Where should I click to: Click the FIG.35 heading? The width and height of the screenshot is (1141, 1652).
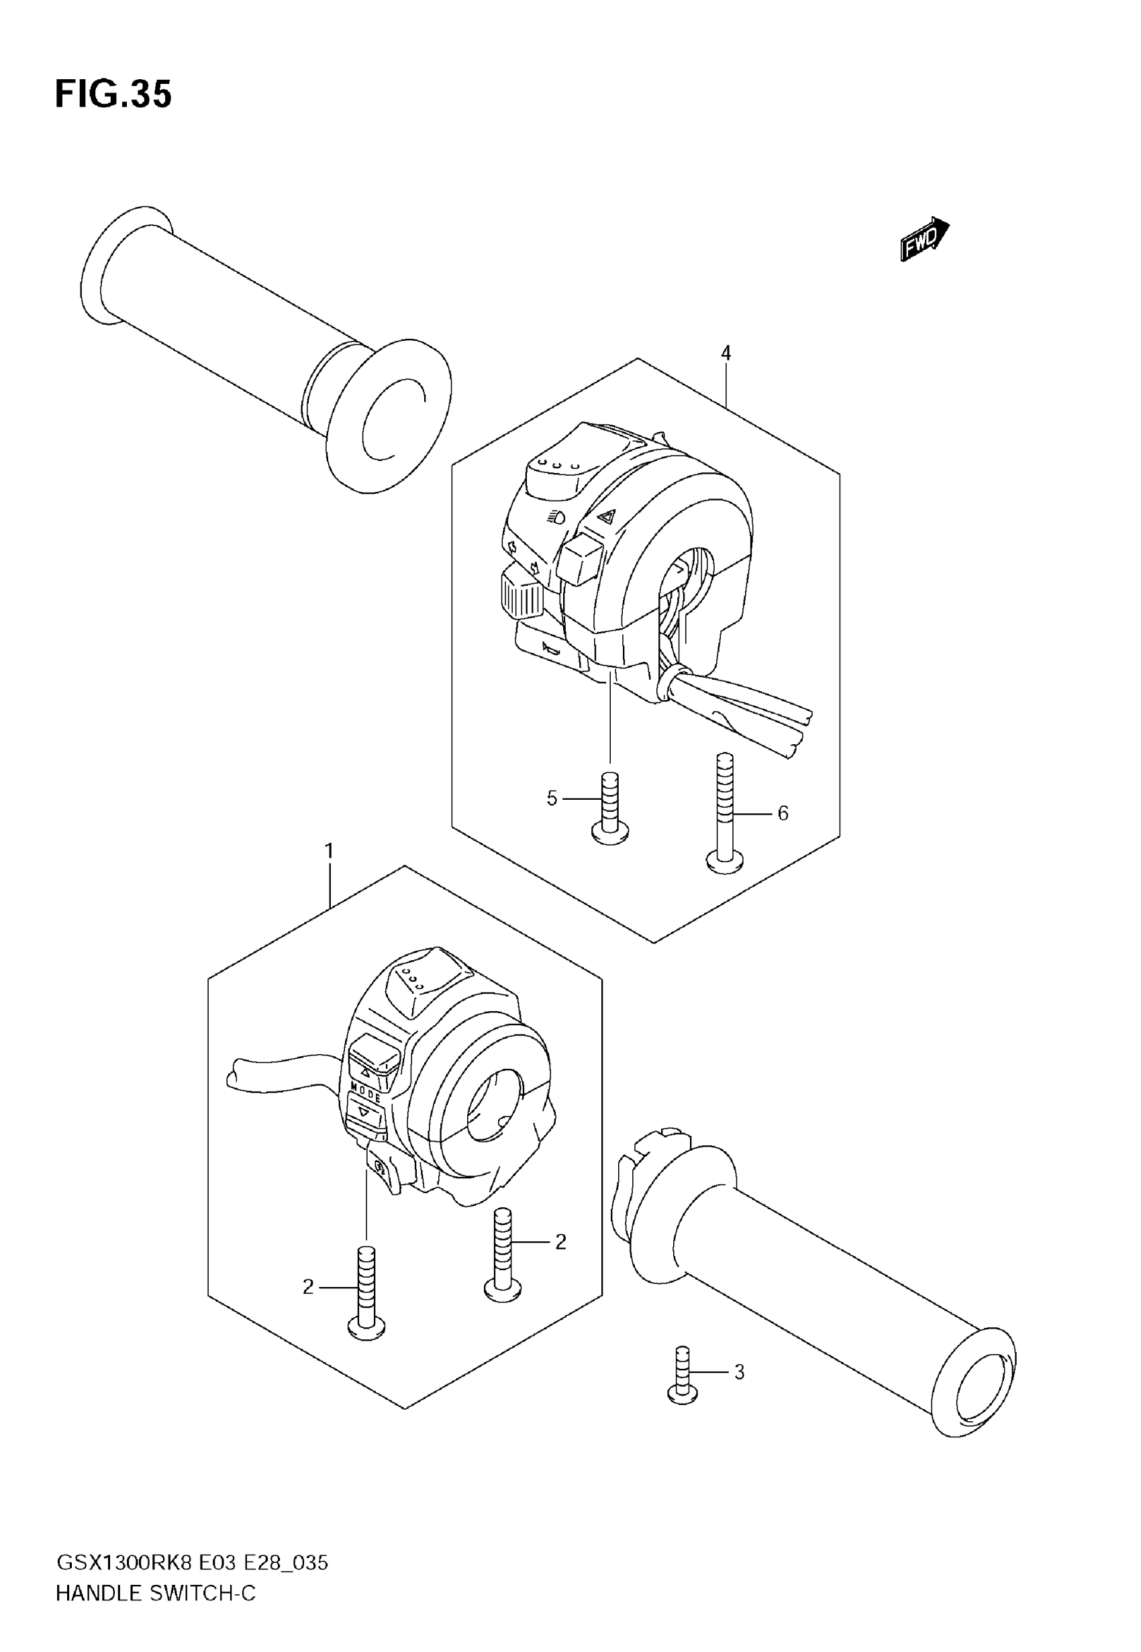pyautogui.click(x=113, y=95)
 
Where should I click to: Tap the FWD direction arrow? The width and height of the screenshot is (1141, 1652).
pyautogui.click(x=924, y=240)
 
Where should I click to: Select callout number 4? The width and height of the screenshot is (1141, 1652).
pyautogui.click(x=726, y=353)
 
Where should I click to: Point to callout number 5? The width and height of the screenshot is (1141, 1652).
pyautogui.click(x=551, y=798)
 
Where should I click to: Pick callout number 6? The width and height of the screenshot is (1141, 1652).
pyautogui.click(x=783, y=813)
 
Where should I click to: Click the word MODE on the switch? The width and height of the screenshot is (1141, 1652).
pyautogui.click(x=365, y=1092)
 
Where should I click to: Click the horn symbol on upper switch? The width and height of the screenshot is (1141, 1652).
pyautogui.click(x=550, y=649)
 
